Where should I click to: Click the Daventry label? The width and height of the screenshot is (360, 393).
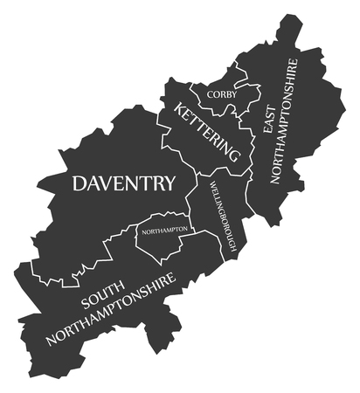click(x=123, y=183)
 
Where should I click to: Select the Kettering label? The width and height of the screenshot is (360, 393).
click(x=207, y=132)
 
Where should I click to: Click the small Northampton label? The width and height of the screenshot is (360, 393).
click(x=165, y=230)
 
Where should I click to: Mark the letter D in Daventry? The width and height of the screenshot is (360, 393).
click(x=80, y=183)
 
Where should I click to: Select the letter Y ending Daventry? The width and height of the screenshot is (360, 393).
click(x=168, y=183)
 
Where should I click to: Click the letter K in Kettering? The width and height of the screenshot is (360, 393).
click(x=180, y=109)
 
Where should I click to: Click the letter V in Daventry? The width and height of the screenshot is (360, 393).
click(x=109, y=183)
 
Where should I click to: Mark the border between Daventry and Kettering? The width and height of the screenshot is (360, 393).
click(x=161, y=131)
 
